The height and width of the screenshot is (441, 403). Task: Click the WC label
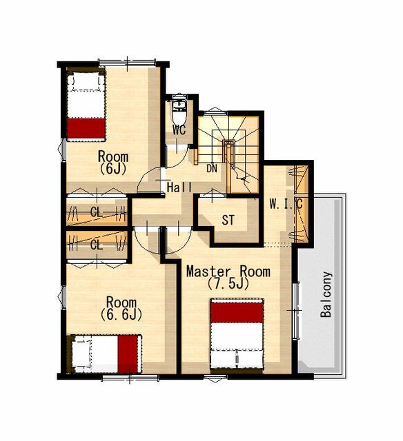click(179, 130)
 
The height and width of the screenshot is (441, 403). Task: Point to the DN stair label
click(212, 168)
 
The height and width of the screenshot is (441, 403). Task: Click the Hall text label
click(179, 187)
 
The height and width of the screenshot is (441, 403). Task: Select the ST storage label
click(228, 220)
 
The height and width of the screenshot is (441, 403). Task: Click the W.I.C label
click(286, 204)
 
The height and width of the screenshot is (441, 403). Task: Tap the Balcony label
click(326, 294)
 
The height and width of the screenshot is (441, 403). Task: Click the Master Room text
click(228, 271)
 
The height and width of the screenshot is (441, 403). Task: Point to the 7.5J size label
click(228, 284)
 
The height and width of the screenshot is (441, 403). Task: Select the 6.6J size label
click(121, 314)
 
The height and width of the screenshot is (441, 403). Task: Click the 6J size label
click(113, 168)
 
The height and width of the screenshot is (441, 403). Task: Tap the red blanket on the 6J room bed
click(86, 128)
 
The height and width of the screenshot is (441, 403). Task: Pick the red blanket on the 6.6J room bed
click(128, 353)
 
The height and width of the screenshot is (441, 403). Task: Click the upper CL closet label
click(97, 212)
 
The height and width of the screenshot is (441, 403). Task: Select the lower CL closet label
click(97, 245)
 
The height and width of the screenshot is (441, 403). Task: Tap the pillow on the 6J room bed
click(86, 82)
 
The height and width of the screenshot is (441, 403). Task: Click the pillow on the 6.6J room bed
click(81, 353)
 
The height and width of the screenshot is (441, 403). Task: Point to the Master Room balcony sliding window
click(295, 310)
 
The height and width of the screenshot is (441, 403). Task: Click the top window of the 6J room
click(127, 61)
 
